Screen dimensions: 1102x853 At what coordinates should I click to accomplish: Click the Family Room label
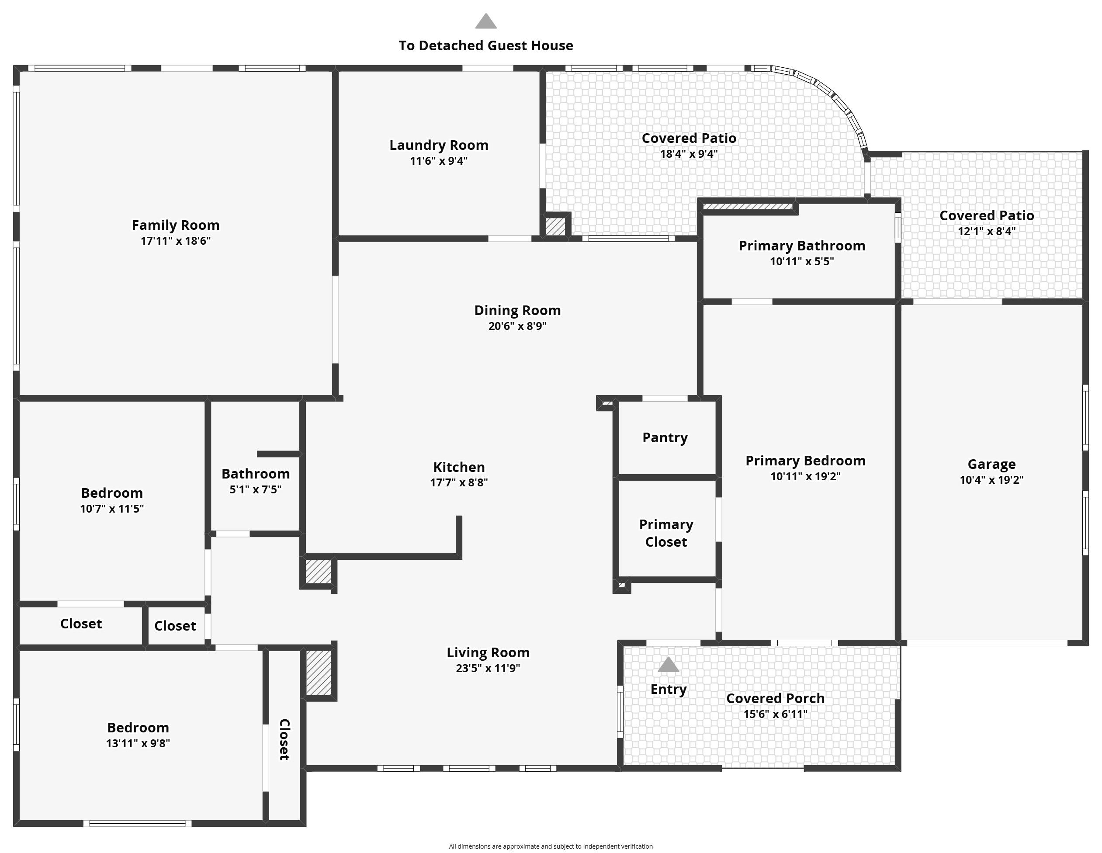(176, 225)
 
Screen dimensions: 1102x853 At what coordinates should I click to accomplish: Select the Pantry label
(665, 437)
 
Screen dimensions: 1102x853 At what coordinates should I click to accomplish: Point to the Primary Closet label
(666, 533)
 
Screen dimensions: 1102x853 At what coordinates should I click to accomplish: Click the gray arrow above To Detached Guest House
(486, 21)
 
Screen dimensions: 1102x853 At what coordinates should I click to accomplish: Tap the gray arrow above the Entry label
(669, 664)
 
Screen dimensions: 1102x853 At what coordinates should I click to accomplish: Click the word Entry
(669, 690)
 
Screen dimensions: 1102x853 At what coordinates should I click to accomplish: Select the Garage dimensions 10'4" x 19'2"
(991, 480)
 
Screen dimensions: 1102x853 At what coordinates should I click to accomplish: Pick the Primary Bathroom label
(802, 246)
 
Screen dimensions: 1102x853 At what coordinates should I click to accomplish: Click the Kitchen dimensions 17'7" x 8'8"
(459, 482)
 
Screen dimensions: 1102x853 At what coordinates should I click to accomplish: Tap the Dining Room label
(518, 310)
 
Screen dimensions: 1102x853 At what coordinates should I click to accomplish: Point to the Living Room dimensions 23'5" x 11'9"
(488, 668)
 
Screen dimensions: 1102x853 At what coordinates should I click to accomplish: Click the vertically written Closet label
(284, 739)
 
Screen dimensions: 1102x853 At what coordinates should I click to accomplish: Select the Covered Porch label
(776, 699)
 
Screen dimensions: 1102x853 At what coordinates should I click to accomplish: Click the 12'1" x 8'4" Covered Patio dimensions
(987, 232)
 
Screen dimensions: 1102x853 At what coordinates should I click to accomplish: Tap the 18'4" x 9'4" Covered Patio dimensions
(689, 154)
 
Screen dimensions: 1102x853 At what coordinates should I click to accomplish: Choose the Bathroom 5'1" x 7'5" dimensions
(256, 489)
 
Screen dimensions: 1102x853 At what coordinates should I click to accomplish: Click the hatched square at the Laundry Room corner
(555, 226)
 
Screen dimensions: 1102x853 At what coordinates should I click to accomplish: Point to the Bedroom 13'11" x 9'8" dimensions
(138, 743)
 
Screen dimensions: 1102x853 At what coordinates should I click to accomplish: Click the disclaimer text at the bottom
(551, 846)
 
